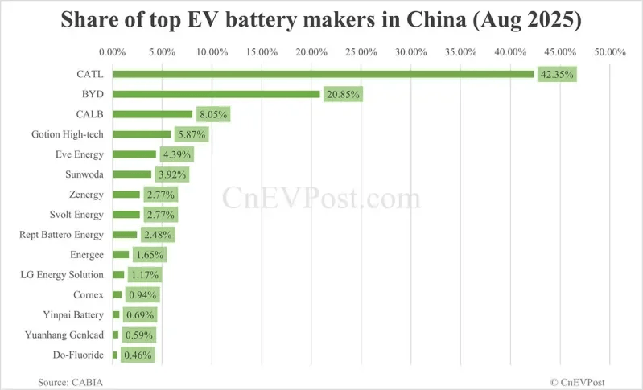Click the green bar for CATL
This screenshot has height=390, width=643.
point(322,74)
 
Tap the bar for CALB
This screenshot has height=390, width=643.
point(152,114)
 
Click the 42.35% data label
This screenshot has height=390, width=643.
point(557,75)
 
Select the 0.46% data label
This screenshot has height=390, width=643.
point(137,355)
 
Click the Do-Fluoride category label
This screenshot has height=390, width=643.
point(77,355)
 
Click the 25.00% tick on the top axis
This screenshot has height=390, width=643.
point(361,52)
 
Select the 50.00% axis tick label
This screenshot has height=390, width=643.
point(609,52)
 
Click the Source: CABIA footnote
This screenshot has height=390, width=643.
point(70,380)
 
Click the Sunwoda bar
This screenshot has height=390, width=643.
point(132,174)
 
